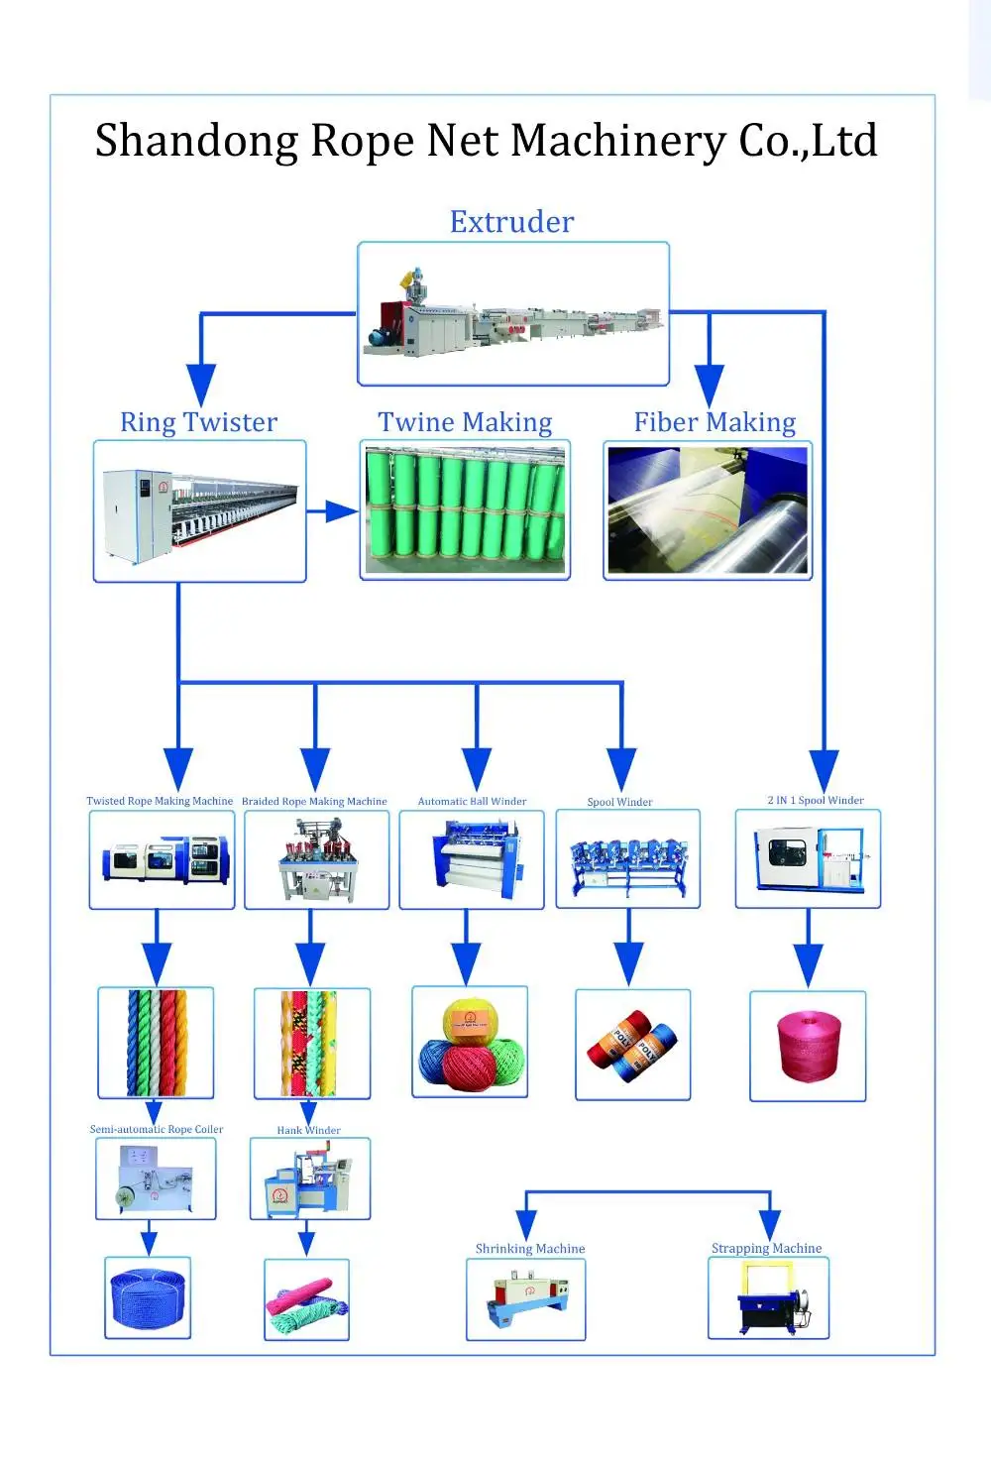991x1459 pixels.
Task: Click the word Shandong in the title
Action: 197,142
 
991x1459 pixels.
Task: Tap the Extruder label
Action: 512,222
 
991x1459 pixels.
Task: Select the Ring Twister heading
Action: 198,422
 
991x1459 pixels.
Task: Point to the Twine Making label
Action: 465,422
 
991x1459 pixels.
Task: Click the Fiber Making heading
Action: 715,422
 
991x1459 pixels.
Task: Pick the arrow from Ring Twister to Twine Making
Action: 332,511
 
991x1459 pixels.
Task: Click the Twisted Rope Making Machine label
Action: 160,801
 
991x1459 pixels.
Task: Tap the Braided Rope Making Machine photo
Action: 317,859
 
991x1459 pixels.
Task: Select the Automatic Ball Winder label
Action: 472,801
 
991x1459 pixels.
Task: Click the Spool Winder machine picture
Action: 628,859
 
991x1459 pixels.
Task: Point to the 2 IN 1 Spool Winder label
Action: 816,800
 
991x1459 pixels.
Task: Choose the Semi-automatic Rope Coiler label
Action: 157,1129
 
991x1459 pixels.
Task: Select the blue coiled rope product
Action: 149,1298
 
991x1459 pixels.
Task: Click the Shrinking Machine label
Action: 530,1249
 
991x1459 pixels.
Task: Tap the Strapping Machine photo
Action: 769,1298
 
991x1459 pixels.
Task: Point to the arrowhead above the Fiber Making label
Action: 710,387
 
